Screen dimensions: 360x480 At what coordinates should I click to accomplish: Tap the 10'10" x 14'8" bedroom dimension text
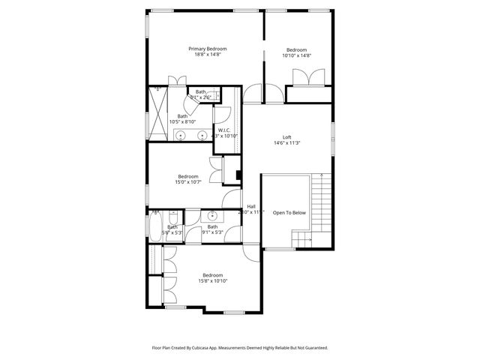coord(296,55)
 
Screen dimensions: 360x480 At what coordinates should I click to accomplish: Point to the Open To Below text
coord(289,213)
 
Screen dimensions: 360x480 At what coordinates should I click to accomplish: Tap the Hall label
coord(251,207)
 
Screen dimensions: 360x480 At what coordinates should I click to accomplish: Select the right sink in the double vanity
coord(202,135)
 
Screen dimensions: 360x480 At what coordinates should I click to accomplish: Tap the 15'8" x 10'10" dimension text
coord(212,281)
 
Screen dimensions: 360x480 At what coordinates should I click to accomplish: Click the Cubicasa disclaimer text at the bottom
coord(240,348)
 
